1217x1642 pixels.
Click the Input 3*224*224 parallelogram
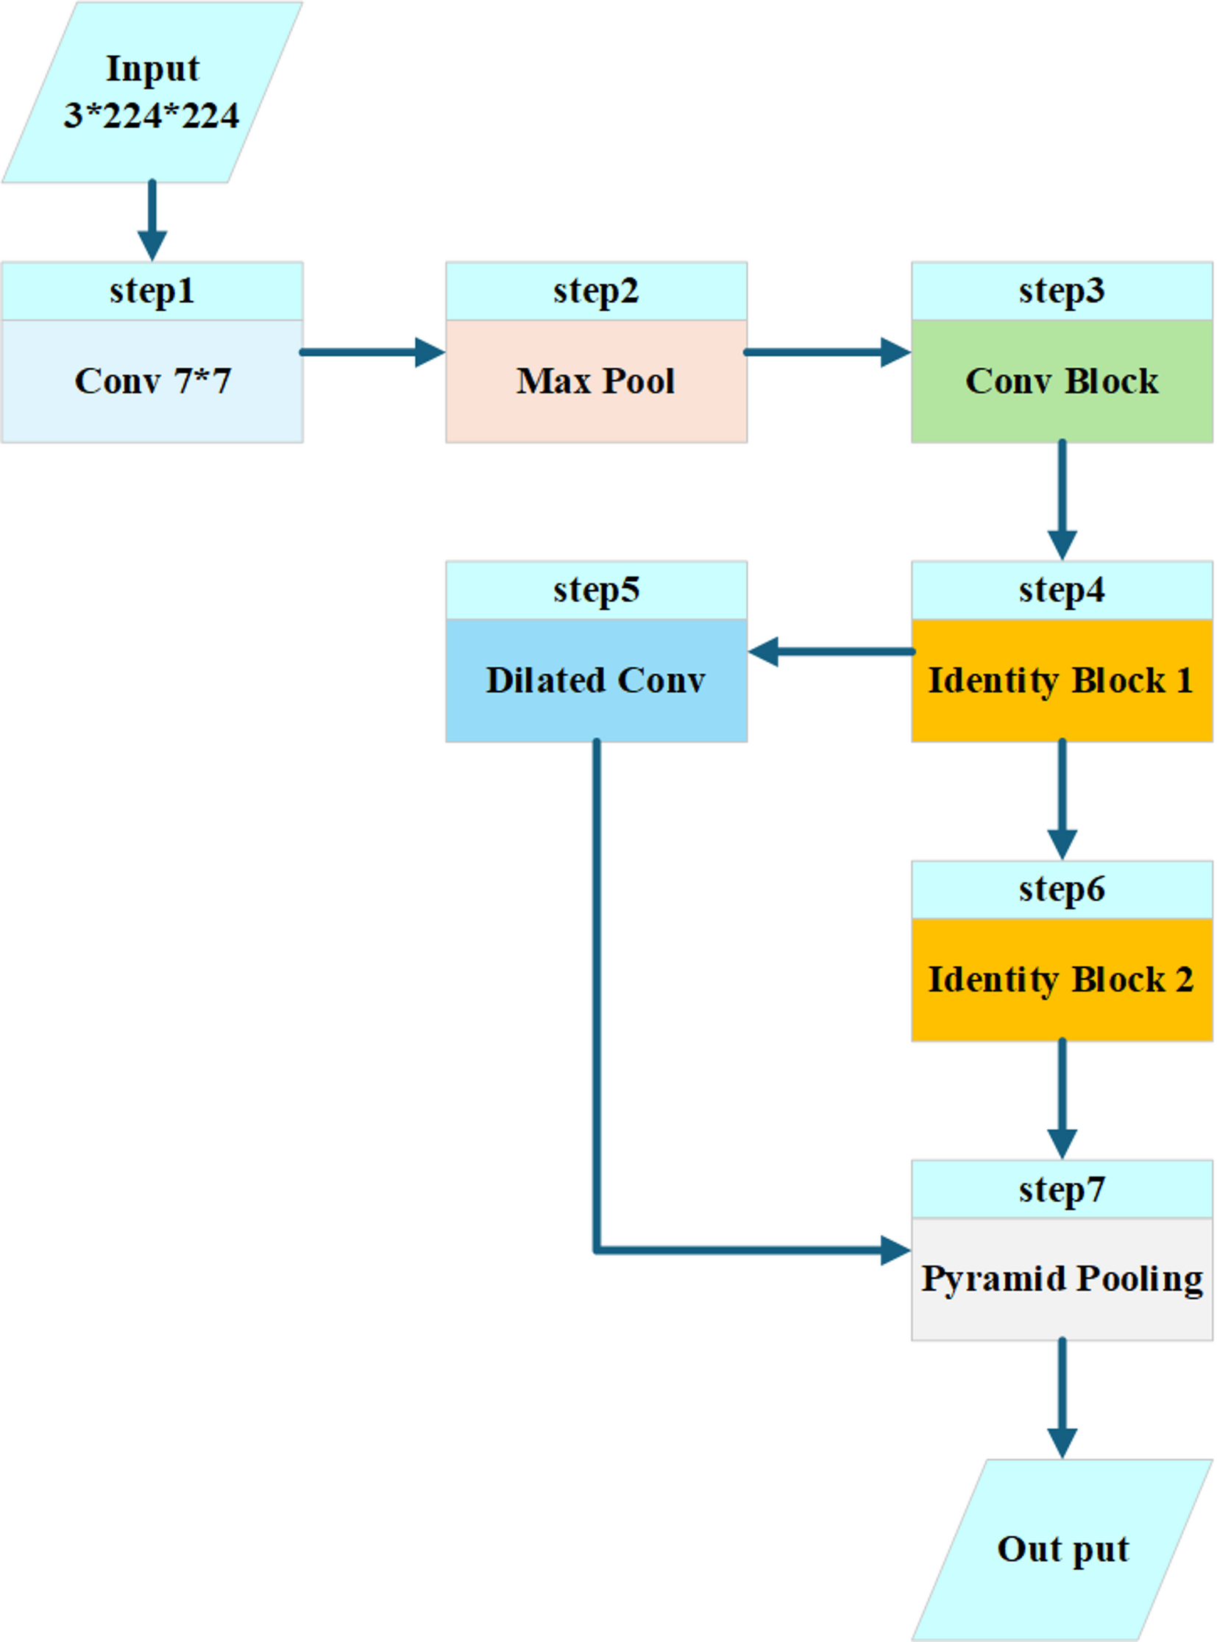[152, 92]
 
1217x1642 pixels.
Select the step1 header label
[152, 291]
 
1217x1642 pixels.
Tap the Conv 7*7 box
[152, 381]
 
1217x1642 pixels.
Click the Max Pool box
[596, 381]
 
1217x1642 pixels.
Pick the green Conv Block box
[1062, 381]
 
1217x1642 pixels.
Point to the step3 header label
[1062, 291]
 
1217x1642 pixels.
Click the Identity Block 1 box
[1062, 680]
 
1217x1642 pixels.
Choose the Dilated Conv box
[596, 680]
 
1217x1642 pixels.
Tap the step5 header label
[596, 590]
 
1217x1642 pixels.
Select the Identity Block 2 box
[1062, 979]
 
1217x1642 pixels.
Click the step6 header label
[1062, 889]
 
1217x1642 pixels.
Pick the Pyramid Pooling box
[1062, 1278]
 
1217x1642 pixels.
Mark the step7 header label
[1062, 1189]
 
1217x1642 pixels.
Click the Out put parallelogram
[1062, 1549]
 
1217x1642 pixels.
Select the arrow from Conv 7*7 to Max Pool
[372, 352]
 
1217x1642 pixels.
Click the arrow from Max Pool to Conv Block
[826, 352]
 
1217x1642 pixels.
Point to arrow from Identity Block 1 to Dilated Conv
[831, 651]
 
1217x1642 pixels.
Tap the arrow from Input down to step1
[152, 219]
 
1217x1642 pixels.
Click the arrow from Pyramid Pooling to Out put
[1062, 1398]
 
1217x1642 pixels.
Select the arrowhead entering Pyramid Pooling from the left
[895, 1250]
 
